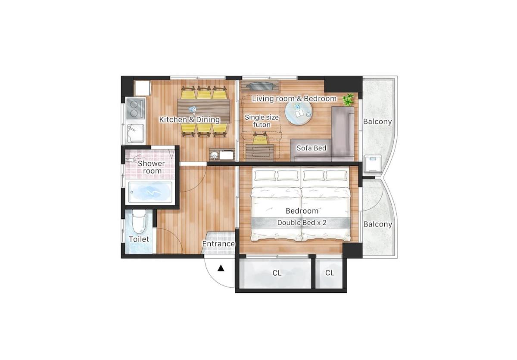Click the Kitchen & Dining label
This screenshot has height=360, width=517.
click(x=190, y=119)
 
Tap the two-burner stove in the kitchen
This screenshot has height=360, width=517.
click(x=136, y=109)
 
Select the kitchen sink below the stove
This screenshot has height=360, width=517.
click(x=136, y=133)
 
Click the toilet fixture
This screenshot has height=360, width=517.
click(x=139, y=222)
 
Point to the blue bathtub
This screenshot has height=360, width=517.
click(x=150, y=192)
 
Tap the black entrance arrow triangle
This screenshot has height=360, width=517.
click(x=221, y=268)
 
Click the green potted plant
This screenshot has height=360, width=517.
click(x=348, y=99)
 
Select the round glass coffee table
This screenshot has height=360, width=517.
click(x=299, y=113)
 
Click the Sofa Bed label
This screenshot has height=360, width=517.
click(x=311, y=148)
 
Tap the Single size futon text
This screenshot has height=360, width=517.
click(x=262, y=121)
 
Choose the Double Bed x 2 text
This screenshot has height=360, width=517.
click(x=302, y=223)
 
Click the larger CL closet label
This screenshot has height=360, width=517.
click(x=277, y=273)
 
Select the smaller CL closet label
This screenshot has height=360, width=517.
click(x=330, y=273)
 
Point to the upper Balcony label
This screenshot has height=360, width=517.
click(x=377, y=121)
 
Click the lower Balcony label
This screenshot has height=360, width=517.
click(x=378, y=224)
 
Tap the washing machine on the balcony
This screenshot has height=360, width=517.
click(x=373, y=164)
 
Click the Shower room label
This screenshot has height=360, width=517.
click(x=151, y=167)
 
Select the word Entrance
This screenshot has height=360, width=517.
click(x=218, y=244)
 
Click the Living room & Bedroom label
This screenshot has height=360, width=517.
click(x=294, y=99)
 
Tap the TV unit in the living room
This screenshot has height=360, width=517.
click(x=260, y=86)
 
